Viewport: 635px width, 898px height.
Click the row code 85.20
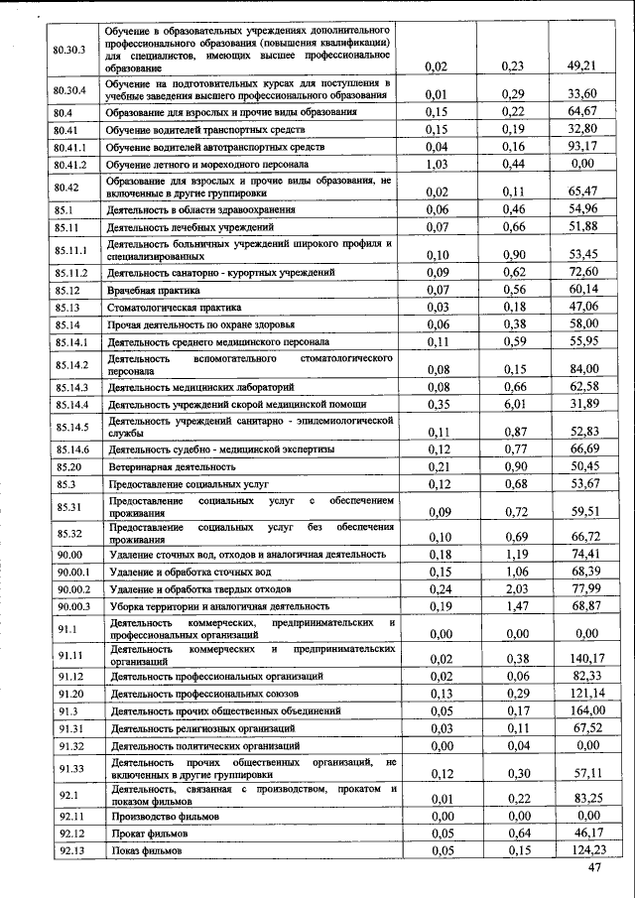coord(68,466)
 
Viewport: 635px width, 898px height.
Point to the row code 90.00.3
coord(73,605)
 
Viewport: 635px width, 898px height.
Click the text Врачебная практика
coord(154,291)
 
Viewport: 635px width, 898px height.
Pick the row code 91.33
coord(69,768)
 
